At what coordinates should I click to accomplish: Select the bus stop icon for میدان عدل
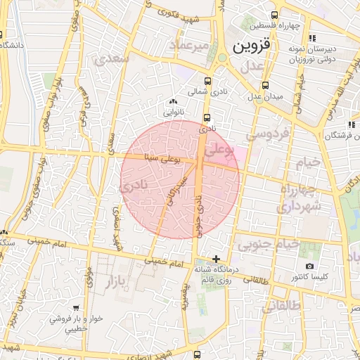266,84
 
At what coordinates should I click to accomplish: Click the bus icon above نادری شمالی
207,80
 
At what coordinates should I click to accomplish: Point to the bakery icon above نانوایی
173,101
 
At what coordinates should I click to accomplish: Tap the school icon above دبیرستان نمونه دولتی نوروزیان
313,38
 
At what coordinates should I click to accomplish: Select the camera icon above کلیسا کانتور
309,266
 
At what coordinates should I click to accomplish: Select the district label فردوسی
265,135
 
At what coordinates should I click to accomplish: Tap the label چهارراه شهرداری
299,198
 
